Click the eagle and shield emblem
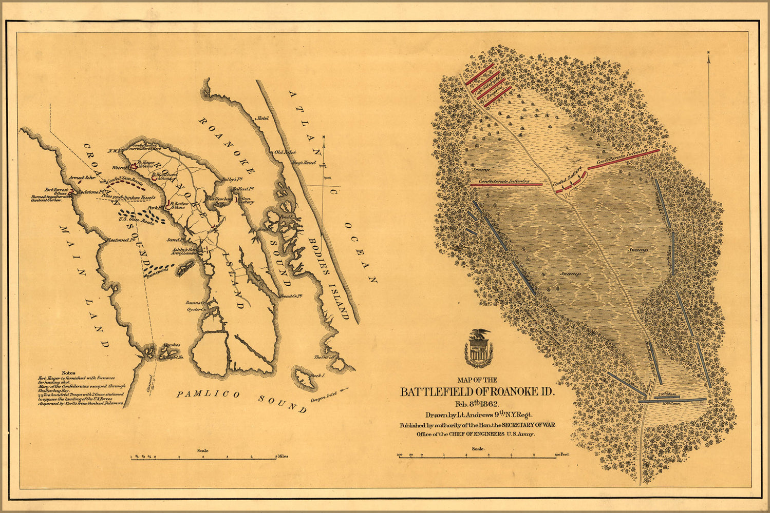(478, 349)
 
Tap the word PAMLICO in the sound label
(208, 394)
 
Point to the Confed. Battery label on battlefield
(567, 177)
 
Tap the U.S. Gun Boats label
(129, 221)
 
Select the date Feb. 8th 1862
(478, 404)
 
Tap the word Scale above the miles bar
(202, 451)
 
